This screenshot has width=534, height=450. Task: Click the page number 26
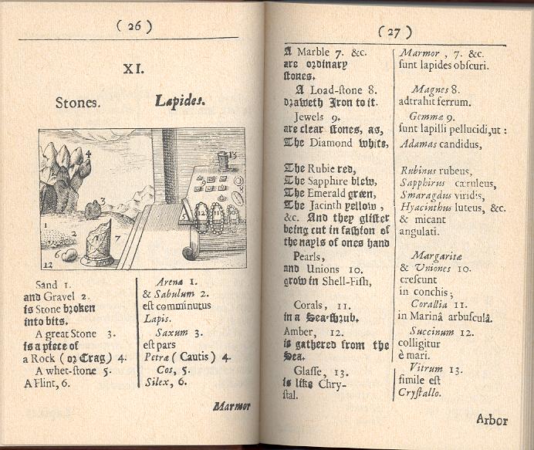[133, 25]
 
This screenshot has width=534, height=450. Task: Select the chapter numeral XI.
[133, 69]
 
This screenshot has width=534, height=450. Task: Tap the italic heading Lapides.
[180, 101]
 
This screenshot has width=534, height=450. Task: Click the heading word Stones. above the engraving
[76, 102]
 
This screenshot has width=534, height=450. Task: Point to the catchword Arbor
[492, 420]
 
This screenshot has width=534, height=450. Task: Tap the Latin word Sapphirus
[421, 183]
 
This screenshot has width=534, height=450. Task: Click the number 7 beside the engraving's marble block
[117, 239]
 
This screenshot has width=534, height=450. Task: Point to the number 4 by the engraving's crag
[88, 154]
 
